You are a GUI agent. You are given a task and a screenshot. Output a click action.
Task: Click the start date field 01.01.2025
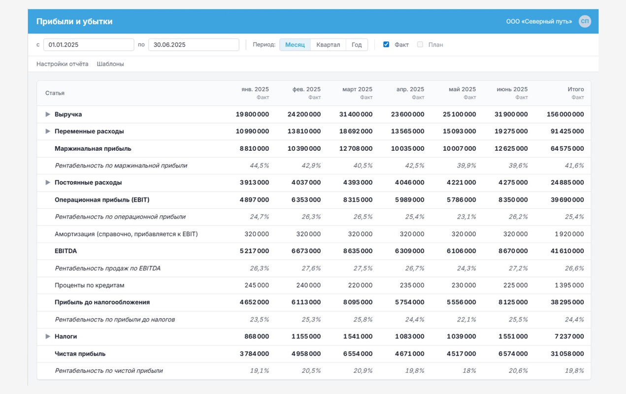pos(89,45)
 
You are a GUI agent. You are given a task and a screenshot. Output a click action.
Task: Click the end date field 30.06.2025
pos(194,45)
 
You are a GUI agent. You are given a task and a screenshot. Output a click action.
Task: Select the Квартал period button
pos(328,45)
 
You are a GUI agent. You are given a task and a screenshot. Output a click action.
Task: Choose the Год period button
pos(357,45)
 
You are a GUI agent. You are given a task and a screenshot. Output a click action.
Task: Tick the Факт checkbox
pos(386,44)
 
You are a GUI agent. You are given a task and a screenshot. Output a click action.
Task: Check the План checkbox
pos(420,44)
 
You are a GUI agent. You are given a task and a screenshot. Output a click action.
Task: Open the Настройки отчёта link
pos(63,64)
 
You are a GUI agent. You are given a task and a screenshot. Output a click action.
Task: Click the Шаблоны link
pos(110,64)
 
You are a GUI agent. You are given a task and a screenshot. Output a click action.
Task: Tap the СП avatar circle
pos(585,21)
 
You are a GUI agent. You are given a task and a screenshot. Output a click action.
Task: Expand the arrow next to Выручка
pos(48,114)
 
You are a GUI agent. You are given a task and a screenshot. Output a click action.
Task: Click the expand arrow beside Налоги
pos(48,336)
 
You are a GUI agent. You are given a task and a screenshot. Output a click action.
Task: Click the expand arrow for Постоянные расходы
pos(48,182)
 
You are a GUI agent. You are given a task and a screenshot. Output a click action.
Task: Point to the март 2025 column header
pos(357,89)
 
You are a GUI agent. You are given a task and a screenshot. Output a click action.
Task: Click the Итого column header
pos(576,89)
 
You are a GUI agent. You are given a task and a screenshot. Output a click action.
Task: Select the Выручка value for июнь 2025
pos(511,114)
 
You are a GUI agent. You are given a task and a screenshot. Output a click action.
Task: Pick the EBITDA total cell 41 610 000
pos(567,251)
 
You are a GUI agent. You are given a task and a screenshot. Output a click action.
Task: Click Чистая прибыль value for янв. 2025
pos(254,354)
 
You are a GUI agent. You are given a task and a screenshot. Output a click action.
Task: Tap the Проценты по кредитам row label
pos(90,285)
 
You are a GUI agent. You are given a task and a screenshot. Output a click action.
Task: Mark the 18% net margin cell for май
pos(469,371)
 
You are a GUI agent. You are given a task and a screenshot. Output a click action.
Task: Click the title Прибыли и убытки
pos(74,22)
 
